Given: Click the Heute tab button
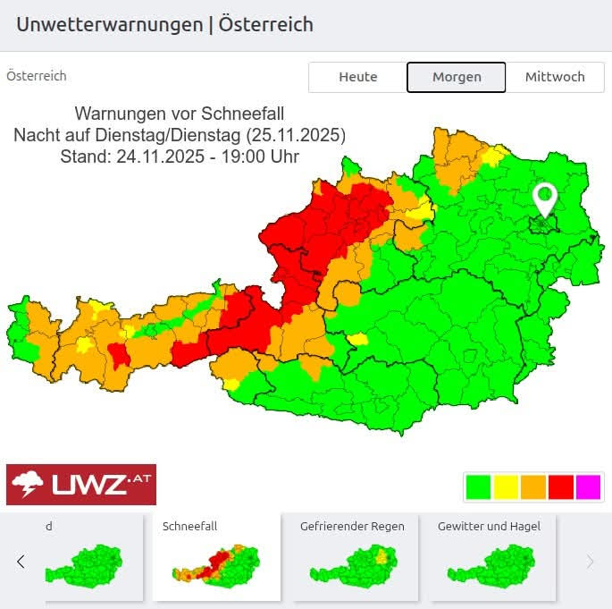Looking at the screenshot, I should [357, 77].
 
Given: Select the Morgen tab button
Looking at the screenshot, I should [457, 77].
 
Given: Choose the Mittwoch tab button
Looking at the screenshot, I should [555, 77].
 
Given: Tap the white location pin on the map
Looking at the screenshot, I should [544, 199].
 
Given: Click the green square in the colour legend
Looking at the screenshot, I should [479, 487].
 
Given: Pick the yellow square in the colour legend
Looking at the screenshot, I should [507, 487].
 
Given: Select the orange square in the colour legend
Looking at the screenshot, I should [533, 487].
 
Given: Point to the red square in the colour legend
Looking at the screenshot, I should [561, 487].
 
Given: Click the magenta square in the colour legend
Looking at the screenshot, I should [588, 487].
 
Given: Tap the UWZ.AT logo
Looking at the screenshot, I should [81, 485].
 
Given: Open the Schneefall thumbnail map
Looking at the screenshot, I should [216, 562].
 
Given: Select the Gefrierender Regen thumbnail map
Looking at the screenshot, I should [353, 562].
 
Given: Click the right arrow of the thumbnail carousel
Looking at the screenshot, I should [590, 562].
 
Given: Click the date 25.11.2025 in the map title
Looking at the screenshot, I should [298, 135].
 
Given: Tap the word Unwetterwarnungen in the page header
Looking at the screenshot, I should [109, 24].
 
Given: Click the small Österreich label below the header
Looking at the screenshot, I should [37, 77].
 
